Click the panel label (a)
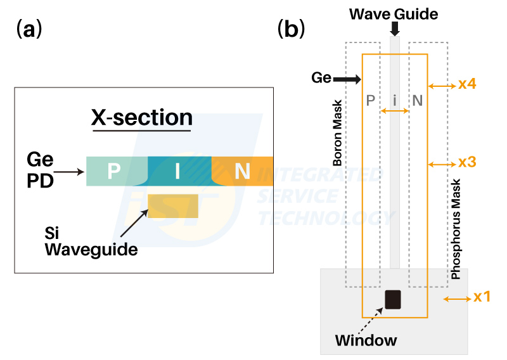[x=29, y=29]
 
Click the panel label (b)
[x=292, y=29]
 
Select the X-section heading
[x=142, y=117]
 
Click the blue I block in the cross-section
[x=179, y=171]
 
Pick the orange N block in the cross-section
[x=242, y=171]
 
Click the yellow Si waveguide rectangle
[x=172, y=205]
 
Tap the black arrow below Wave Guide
[x=395, y=29]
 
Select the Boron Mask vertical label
[x=338, y=133]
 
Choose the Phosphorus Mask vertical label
[x=455, y=228]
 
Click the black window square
[x=394, y=299]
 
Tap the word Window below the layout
[x=366, y=340]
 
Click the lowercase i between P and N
[x=395, y=100]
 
